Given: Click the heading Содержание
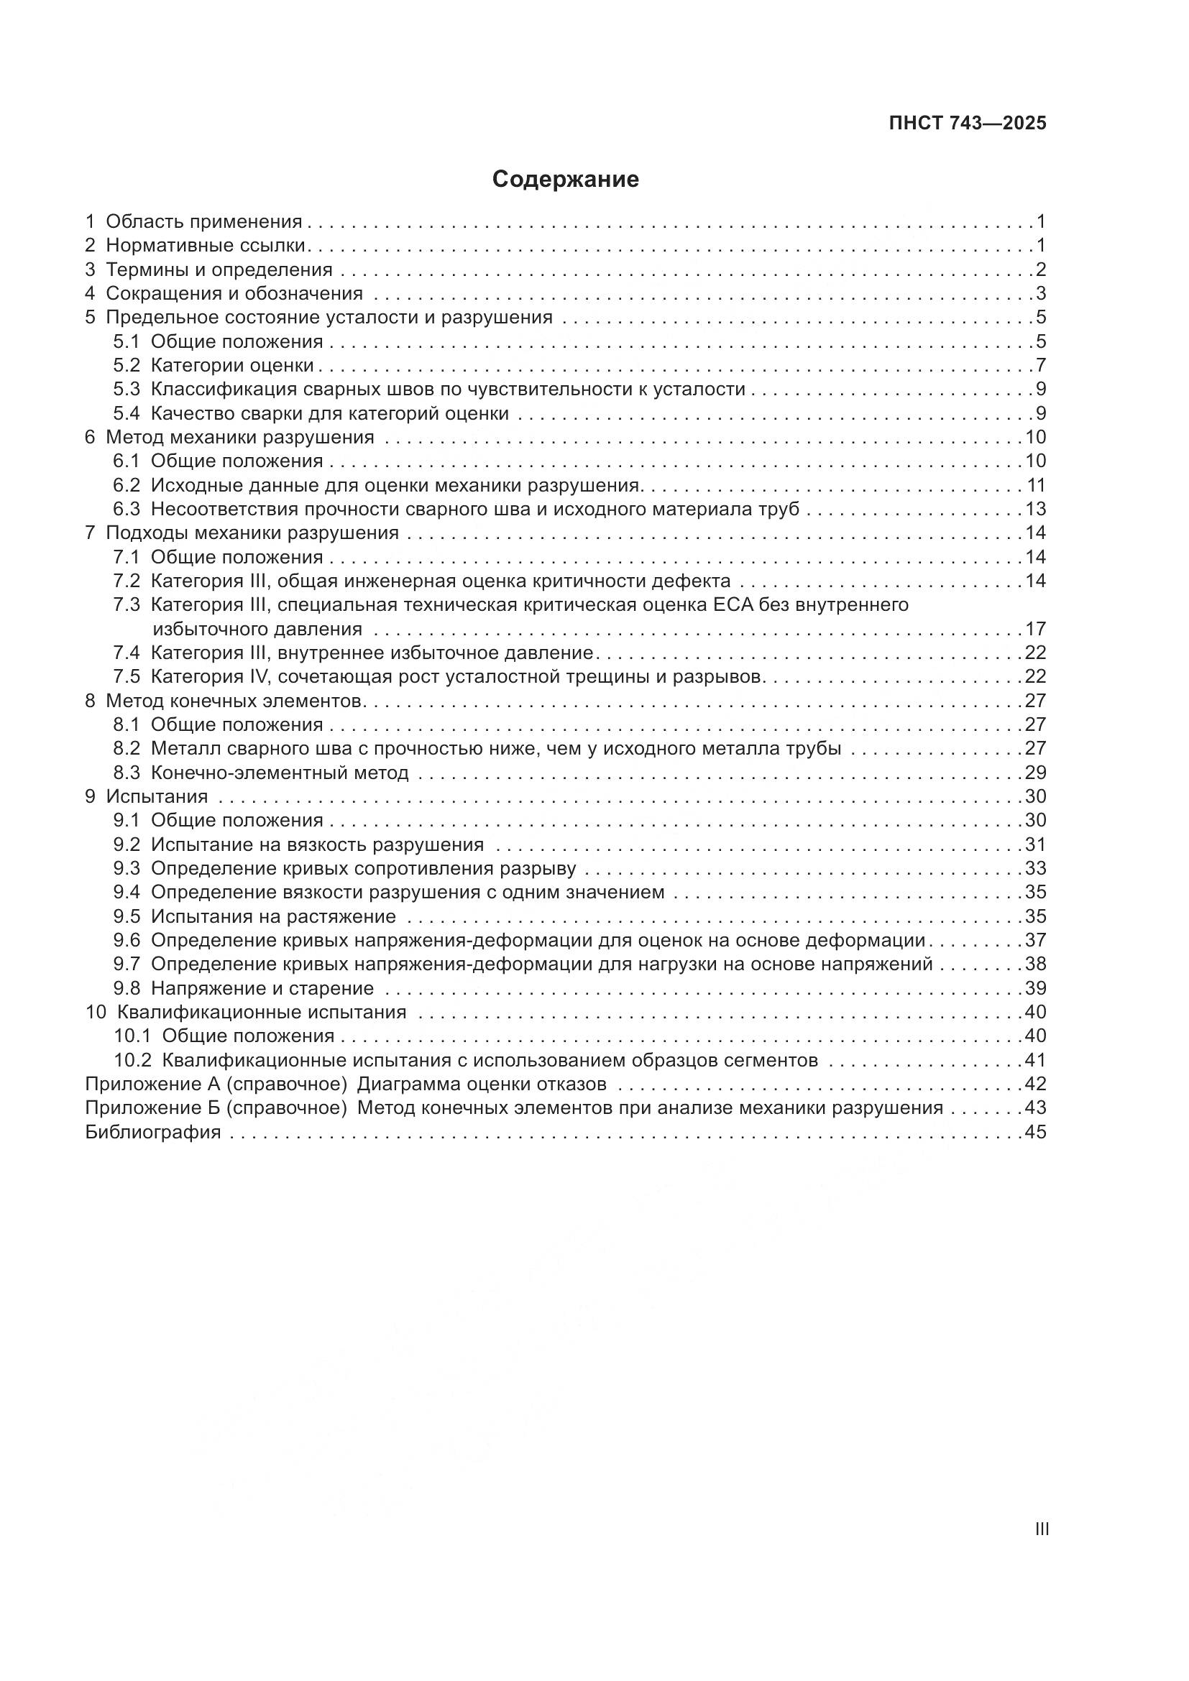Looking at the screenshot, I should point(565,180).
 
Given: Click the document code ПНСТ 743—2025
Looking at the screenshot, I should point(967,123).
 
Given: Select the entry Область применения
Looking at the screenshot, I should point(203,221).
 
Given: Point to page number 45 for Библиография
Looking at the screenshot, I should point(1035,1132).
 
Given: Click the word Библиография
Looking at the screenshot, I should point(153,1132).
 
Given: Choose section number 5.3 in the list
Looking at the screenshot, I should point(127,389).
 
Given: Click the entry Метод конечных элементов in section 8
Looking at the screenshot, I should point(234,701).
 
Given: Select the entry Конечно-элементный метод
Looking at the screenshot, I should point(280,773).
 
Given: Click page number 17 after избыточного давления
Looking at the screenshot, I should point(1035,629).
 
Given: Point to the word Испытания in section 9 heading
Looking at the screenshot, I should point(157,796).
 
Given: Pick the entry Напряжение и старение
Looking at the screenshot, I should point(262,988).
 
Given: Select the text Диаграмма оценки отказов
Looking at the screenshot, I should point(481,1084).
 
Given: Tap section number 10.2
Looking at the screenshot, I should point(132,1060).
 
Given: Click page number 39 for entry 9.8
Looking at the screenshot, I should point(1035,988).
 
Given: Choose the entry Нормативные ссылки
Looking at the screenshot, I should point(205,245).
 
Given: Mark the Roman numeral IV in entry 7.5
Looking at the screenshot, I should point(260,676).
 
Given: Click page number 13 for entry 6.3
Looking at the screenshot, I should point(1035,509).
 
